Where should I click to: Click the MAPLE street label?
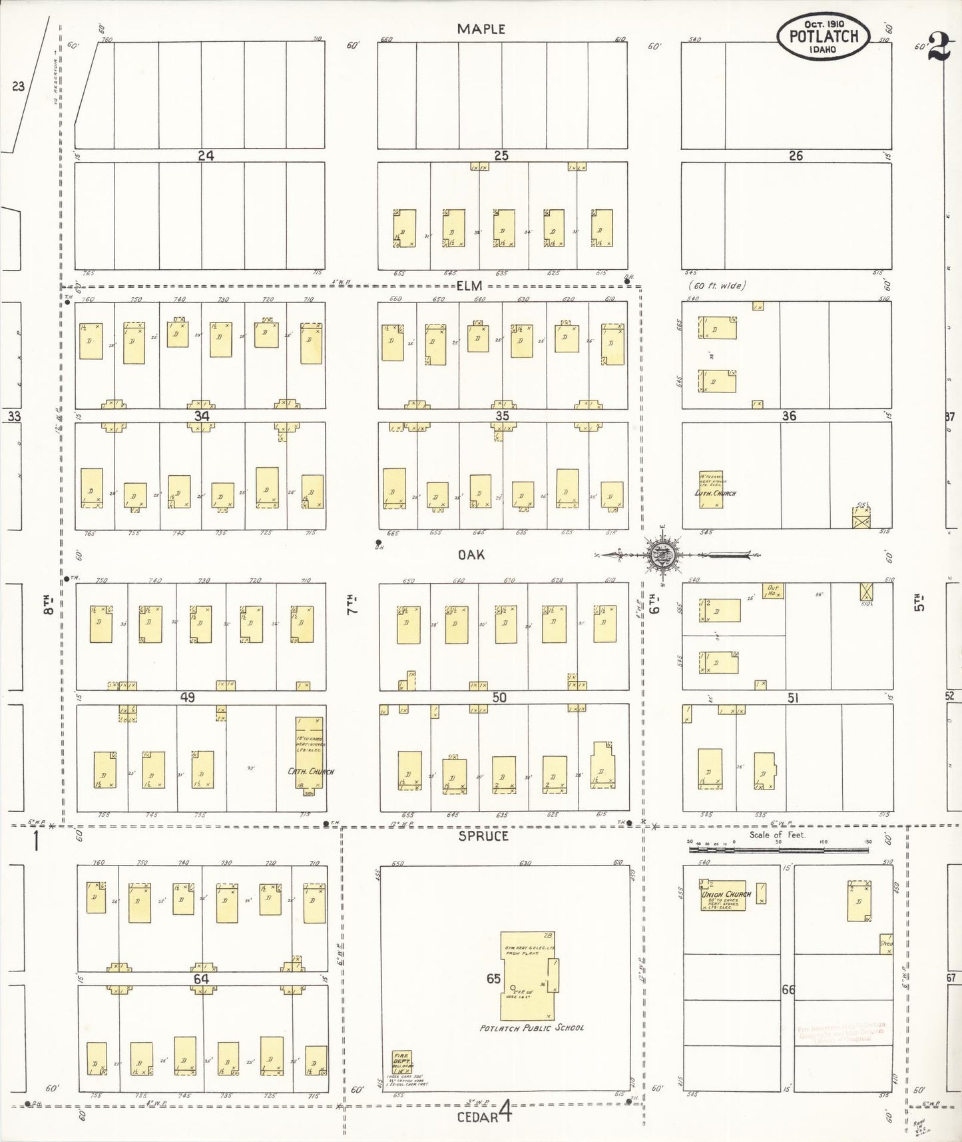click(481, 29)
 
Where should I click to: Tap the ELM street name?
click(469, 286)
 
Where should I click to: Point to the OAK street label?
click(471, 554)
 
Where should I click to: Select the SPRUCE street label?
click(483, 836)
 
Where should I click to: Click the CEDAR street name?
click(477, 1116)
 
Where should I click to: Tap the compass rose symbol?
click(662, 554)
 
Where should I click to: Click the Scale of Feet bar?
click(780, 850)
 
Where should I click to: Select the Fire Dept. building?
click(402, 1063)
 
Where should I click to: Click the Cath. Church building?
click(309, 756)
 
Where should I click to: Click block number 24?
click(206, 155)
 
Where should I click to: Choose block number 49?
click(187, 698)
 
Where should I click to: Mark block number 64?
click(201, 979)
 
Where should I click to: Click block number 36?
click(789, 416)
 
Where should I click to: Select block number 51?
click(792, 698)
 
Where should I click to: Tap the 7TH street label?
click(352, 604)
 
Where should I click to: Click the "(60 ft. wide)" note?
click(716, 286)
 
